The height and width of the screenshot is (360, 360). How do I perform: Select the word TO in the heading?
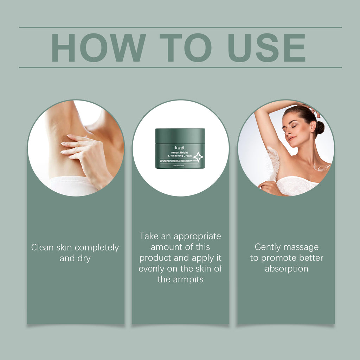185,48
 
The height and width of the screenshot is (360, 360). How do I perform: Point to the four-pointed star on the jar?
198,157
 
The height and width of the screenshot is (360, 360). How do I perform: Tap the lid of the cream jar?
180,136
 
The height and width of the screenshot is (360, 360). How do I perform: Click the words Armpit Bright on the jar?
180,153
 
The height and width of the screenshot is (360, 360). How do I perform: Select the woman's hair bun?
319,128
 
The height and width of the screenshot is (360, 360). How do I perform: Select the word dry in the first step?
84,258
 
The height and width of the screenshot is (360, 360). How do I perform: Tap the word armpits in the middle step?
188,280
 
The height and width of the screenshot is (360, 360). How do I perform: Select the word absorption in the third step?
287,269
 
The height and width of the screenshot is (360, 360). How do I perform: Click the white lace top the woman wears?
297,186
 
